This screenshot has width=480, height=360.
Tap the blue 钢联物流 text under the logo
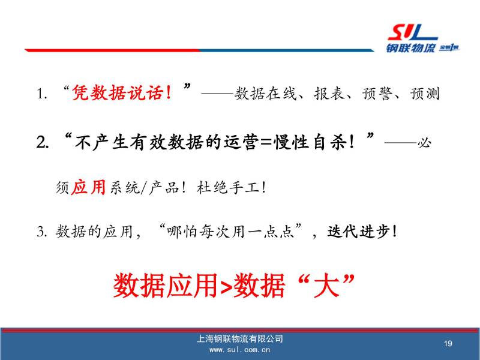click(x=410, y=49)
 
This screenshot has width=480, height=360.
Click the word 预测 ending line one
click(x=425, y=94)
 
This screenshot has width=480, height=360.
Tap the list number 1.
click(x=41, y=94)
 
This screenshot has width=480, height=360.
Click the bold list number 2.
click(x=42, y=143)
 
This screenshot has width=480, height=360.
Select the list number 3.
click(x=41, y=232)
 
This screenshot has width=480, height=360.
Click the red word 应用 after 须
click(x=88, y=187)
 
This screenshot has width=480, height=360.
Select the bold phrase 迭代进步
click(x=358, y=232)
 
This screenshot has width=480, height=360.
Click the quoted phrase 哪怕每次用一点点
click(x=230, y=232)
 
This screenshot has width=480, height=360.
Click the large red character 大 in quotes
click(x=326, y=286)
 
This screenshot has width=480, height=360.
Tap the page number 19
click(x=448, y=343)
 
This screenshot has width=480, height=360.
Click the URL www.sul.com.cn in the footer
click(x=239, y=350)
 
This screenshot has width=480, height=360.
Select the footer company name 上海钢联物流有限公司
click(x=239, y=338)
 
